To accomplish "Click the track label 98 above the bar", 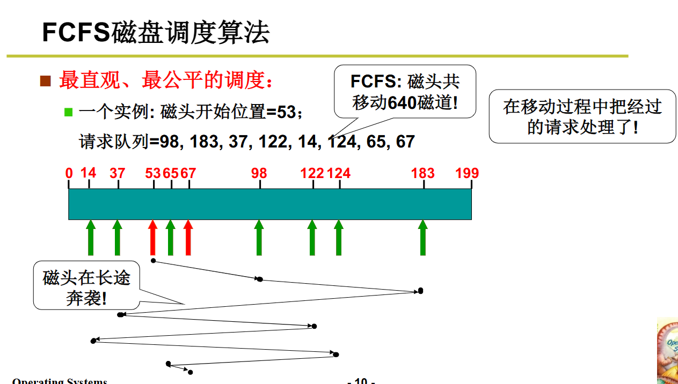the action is point(259,173).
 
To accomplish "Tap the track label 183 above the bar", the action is point(422,173).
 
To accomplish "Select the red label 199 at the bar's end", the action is point(467,173).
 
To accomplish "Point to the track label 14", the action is point(89,173).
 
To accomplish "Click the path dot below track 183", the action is point(420,291).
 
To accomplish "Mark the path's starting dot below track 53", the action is point(154,261).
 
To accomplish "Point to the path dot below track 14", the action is point(93,341).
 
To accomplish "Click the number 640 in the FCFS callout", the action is point(402,102).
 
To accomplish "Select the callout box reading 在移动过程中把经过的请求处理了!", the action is point(582,116).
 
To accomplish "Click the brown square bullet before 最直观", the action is point(46,81).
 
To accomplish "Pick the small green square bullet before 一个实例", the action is point(68,112).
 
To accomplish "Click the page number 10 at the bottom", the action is point(361,381).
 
